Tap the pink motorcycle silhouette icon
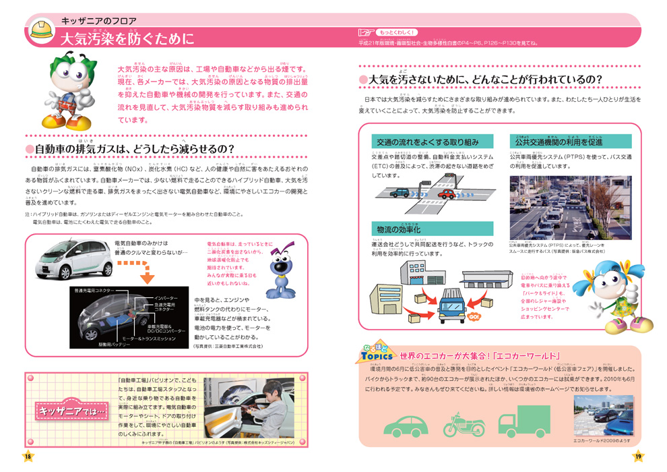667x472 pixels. coord(464,424)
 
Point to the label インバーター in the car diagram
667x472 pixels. coord(166,298)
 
